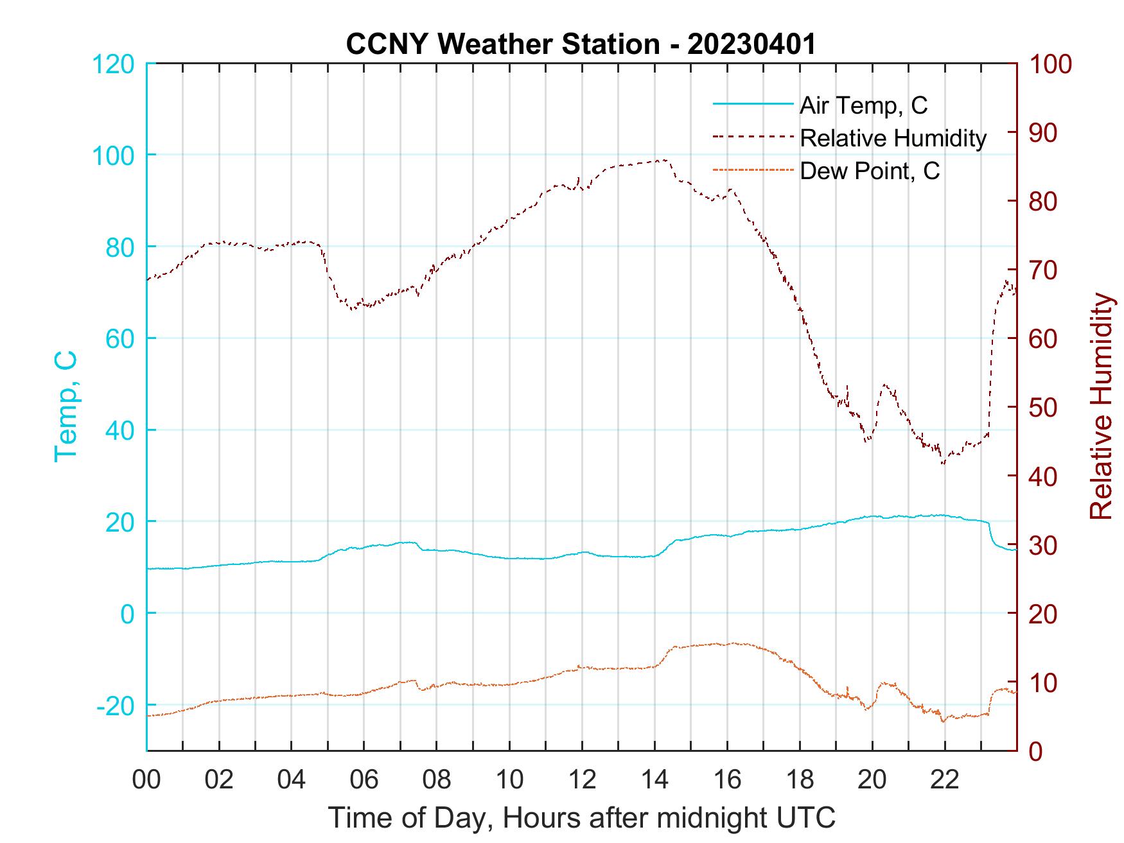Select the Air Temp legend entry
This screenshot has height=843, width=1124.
pos(863,105)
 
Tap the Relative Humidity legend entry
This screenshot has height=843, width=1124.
pos(892,138)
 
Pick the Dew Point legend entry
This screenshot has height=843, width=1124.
pos(869,171)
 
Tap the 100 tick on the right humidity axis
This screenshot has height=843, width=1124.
pos(1050,64)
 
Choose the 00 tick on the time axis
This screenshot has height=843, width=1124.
pos(146,780)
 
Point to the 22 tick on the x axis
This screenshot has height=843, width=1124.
pos(945,780)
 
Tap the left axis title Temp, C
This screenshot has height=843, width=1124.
pos(66,406)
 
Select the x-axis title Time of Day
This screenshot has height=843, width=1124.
pos(581,818)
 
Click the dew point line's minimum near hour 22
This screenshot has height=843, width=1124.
pos(944,722)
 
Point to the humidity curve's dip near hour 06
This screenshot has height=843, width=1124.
pos(353,309)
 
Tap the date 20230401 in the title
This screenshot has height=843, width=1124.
pos(751,44)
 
